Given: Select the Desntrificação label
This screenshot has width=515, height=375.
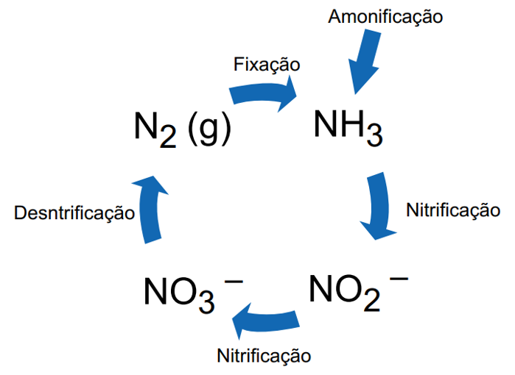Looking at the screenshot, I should click(74, 213).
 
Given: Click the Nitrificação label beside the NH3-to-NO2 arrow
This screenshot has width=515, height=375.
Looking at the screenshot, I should click(453, 210).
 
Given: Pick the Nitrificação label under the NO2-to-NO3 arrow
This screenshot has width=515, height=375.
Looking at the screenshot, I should click(264, 356).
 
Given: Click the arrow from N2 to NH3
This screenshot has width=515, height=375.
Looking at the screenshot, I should click(264, 93).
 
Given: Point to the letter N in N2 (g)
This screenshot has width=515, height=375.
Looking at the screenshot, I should click(145, 126).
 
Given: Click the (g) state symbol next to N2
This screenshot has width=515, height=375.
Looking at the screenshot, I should click(209, 128).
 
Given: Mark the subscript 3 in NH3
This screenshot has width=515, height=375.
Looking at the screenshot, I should click(374, 138).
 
